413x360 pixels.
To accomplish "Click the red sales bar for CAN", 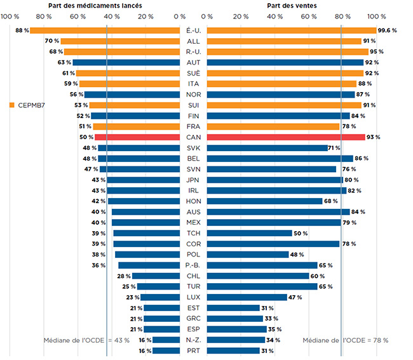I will pyautogui.click(x=286, y=137).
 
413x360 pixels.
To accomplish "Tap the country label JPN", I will pyautogui.click(x=193, y=180).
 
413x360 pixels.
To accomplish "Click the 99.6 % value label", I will pyautogui.click(x=387, y=30).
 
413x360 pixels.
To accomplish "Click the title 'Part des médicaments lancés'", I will pyautogui.click(x=104, y=5).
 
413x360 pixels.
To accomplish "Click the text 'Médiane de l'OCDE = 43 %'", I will pyautogui.click(x=86, y=340).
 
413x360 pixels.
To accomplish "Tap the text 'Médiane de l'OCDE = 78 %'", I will pyautogui.click(x=345, y=340).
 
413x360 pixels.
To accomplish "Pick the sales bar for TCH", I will pyautogui.click(x=250, y=233).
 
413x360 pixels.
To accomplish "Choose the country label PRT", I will pyautogui.click(x=193, y=350).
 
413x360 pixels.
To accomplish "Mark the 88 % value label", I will pyautogui.click(x=22, y=30).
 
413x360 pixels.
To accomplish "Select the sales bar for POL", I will pyautogui.click(x=248, y=255).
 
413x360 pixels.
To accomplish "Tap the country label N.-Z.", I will pyautogui.click(x=193, y=340).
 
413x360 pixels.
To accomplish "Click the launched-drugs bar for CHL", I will pyautogui.click(x=156, y=276).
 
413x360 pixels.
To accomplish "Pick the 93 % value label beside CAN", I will pyautogui.click(x=374, y=137).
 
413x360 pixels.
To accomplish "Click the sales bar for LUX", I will pyautogui.click(x=247, y=297).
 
